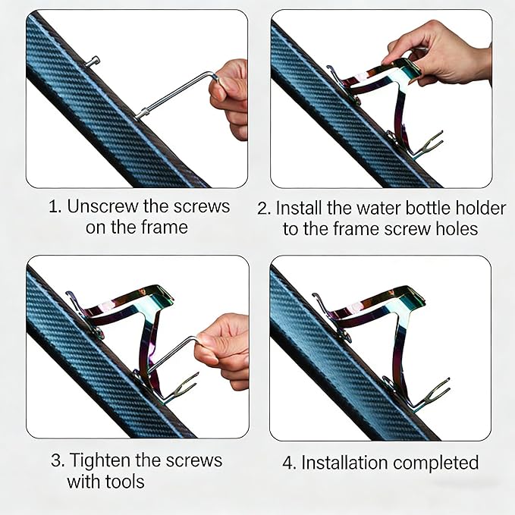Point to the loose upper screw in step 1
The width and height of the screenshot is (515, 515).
(92, 61)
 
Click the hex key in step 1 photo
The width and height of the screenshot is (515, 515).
(177, 96)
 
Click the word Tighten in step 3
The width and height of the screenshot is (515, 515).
(101, 460)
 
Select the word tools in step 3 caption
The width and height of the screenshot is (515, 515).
(125, 482)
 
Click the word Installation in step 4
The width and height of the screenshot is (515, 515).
(344, 463)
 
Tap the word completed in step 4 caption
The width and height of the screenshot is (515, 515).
(436, 463)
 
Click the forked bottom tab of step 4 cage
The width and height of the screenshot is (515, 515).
(434, 393)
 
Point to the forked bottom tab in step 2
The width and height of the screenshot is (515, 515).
(427, 145)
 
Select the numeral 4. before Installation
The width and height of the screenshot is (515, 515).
(290, 463)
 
